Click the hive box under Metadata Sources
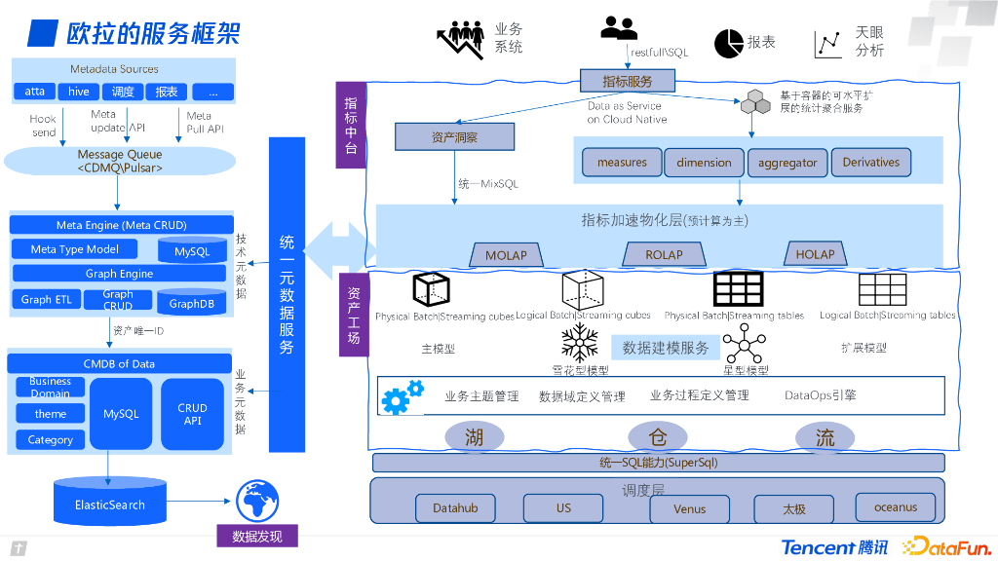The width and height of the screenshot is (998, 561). pyautogui.click(x=79, y=92)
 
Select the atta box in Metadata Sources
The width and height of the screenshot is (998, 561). pyautogui.click(x=35, y=92)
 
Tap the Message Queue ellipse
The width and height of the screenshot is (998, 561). pyautogui.click(x=119, y=161)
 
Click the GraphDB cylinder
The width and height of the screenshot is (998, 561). pyautogui.click(x=192, y=302)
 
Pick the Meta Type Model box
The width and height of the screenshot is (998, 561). pyautogui.click(x=75, y=249)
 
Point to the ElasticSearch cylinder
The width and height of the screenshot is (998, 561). pyautogui.click(x=110, y=503)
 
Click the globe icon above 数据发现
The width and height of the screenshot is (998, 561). pyautogui.click(x=257, y=501)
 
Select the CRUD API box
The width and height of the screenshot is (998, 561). pyautogui.click(x=192, y=414)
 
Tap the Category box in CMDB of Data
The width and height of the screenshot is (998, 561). pyautogui.click(x=51, y=440)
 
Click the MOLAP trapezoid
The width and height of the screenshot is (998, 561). pyautogui.click(x=506, y=254)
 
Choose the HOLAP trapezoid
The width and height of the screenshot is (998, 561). pyautogui.click(x=815, y=253)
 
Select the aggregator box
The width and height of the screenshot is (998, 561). pyautogui.click(x=787, y=163)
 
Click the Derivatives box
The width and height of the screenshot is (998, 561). pyautogui.click(x=871, y=163)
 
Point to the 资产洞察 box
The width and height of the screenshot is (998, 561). pyautogui.click(x=454, y=138)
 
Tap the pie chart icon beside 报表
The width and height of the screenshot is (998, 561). pyautogui.click(x=729, y=43)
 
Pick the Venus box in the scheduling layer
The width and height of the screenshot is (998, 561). pyautogui.click(x=690, y=508)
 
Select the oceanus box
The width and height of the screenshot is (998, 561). pyautogui.click(x=895, y=506)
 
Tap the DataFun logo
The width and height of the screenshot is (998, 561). pyautogui.click(x=945, y=546)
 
